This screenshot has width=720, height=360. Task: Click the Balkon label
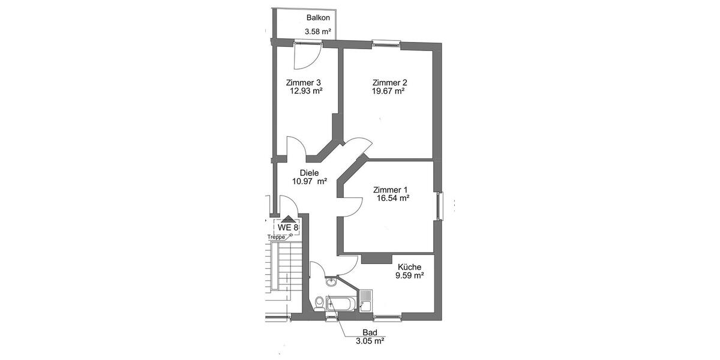pyautogui.click(x=318, y=18)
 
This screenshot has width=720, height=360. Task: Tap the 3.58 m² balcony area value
pyautogui.click(x=317, y=31)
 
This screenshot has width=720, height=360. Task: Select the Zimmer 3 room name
pyautogui.click(x=303, y=82)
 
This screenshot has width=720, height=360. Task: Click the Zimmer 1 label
pyautogui.click(x=390, y=189)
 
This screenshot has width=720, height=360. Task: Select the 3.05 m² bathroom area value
pyautogui.click(x=370, y=340)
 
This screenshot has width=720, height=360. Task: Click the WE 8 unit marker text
pyautogui.click(x=287, y=227)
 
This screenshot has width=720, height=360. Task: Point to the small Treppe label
pyautogui.click(x=277, y=237)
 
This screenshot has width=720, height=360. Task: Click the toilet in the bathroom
pyautogui.click(x=319, y=303)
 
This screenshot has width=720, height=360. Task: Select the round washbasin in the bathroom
pyautogui.click(x=331, y=282)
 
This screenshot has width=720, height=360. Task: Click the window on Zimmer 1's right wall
pyautogui.click(x=441, y=205)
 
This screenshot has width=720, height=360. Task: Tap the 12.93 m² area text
pyautogui.click(x=306, y=91)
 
